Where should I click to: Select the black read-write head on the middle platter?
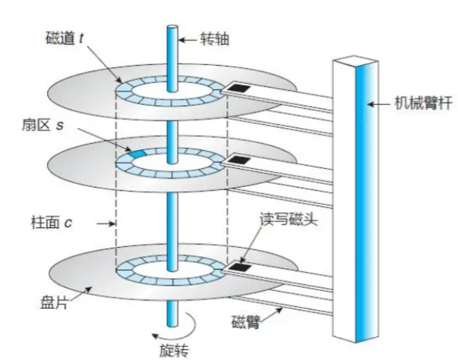click(237, 162)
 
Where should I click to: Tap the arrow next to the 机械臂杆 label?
click(376, 104)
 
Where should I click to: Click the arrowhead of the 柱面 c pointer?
click(114, 223)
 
